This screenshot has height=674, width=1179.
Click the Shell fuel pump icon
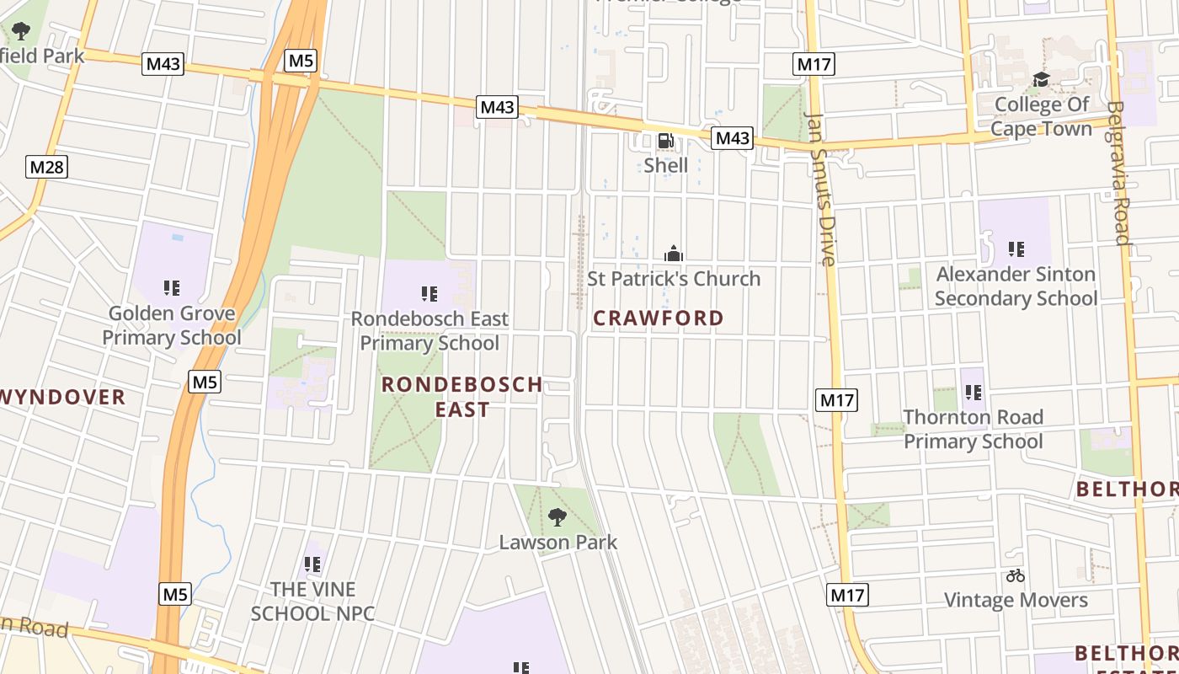tap(665, 141)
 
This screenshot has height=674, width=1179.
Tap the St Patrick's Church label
tap(674, 279)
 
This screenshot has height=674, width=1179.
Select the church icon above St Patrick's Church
tap(674, 254)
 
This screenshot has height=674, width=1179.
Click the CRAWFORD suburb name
tap(659, 318)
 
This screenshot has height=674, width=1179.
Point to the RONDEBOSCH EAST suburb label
tap(462, 397)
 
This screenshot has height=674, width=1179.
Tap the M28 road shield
tap(46, 167)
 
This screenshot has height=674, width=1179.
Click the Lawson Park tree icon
tap(557, 516)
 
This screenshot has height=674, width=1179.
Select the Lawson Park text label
tap(558, 543)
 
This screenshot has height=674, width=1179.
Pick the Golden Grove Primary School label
tap(172, 325)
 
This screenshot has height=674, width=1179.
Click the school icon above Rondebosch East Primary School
tap(429, 294)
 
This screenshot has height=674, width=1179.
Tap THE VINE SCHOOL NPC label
tap(312, 602)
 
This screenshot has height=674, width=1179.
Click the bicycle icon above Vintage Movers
tap(1016, 576)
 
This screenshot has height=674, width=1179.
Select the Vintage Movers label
tap(1016, 601)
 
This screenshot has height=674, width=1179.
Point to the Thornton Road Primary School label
tap(973, 430)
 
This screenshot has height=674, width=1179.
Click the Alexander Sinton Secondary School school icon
tap(1016, 249)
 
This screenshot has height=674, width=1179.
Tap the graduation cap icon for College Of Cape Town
tap(1041, 80)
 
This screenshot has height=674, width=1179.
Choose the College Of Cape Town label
tap(1041, 116)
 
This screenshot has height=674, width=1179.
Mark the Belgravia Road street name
tap(1118, 173)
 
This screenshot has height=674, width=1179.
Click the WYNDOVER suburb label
tap(62, 397)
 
